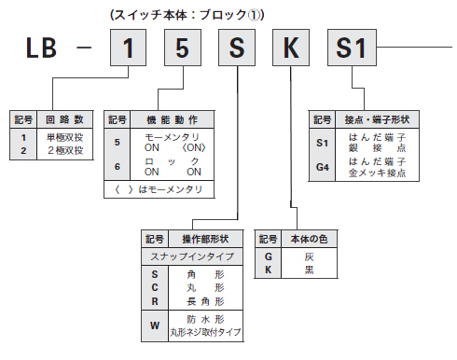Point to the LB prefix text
pos(35,48)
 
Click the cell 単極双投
pos(64,137)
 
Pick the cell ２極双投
pos(64,149)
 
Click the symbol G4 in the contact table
pos(323,166)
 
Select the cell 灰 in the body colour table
pos(309,256)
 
